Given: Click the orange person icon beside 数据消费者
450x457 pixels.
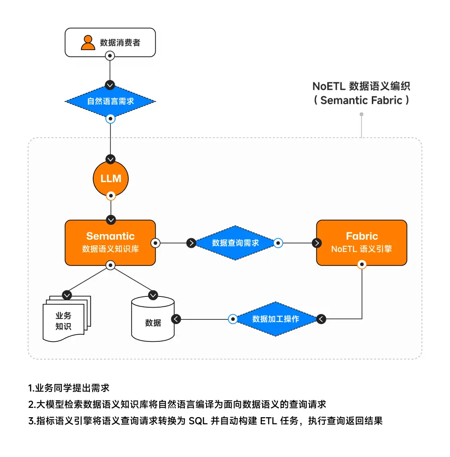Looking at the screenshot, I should point(88,42).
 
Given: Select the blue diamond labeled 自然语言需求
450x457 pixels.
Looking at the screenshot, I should point(110,101).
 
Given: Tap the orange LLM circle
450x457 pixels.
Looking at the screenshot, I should point(111,178).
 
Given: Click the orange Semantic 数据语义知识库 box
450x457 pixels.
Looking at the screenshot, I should point(110,243).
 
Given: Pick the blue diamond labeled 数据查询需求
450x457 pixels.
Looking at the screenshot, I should point(235,243).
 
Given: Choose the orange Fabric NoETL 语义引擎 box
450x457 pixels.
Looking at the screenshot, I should point(361,243).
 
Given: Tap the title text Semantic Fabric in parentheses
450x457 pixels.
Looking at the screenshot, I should point(361,100).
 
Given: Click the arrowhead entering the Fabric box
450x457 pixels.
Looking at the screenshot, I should point(317,243).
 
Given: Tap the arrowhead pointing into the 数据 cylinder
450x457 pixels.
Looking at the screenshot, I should point(176,319).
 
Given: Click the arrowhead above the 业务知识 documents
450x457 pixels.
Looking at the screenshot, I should point(67,295).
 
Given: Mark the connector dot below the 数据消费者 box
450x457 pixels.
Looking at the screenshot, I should point(110,56).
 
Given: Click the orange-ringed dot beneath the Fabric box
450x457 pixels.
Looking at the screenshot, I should point(361,265).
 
